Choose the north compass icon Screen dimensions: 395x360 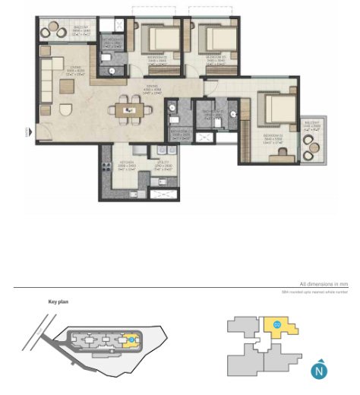319,371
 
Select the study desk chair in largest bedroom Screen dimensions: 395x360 282,152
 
